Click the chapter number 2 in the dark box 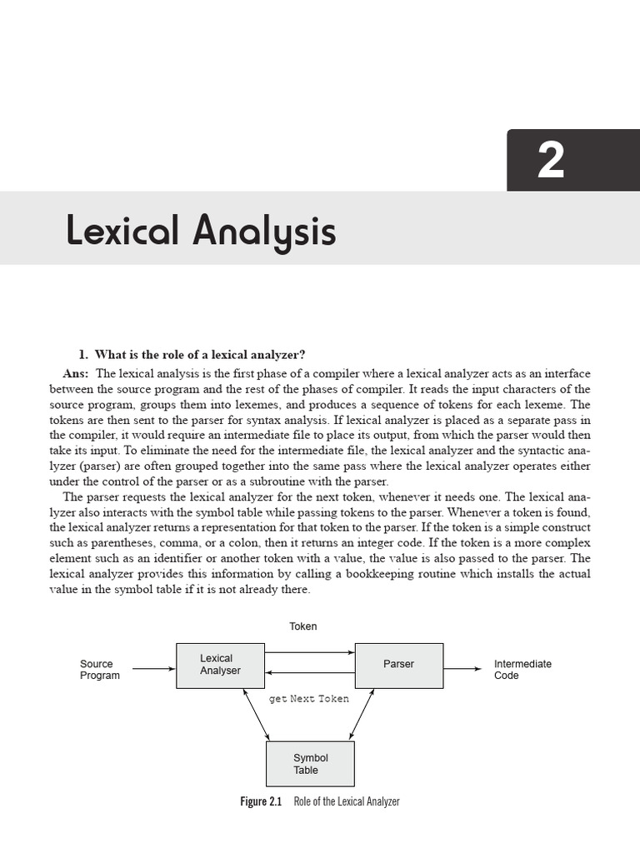point(551,160)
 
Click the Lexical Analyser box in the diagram point(220,665)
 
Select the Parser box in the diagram point(398,665)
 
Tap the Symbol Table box point(310,764)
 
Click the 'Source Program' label point(99,670)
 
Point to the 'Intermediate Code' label point(522,670)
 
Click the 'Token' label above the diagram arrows point(302,626)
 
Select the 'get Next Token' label point(308,699)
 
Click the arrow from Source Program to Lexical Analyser point(154,668)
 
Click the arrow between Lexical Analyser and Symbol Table point(255,714)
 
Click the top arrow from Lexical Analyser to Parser point(310,652)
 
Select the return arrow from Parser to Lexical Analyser point(310,673)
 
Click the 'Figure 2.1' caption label point(261,801)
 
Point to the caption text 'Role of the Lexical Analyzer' point(347,801)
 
